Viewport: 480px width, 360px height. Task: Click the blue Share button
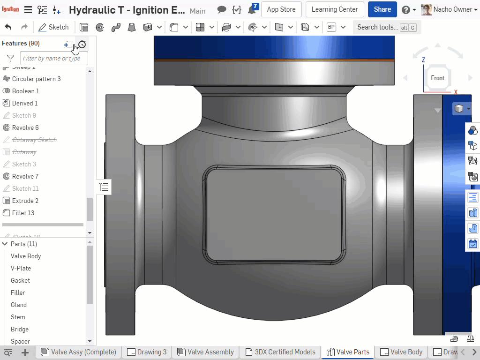tap(382, 9)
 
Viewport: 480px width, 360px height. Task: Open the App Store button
tap(281, 9)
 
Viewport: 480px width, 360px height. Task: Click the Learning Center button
tap(334, 9)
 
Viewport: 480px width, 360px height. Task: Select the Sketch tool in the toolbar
tap(53, 27)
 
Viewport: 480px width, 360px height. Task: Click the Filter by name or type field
tap(53, 59)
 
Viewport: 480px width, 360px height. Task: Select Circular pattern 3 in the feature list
tap(36, 79)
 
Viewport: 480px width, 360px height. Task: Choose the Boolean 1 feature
tap(25, 91)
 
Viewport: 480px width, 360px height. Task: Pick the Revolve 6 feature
tap(25, 127)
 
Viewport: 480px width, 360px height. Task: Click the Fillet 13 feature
tap(23, 213)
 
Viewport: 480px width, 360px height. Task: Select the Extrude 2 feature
tap(25, 201)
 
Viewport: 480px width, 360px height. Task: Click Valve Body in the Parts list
tap(26, 256)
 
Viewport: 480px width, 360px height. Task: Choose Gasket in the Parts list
tap(20, 280)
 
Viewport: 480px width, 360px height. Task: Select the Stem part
tap(18, 317)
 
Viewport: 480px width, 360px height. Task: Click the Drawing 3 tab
tap(147, 352)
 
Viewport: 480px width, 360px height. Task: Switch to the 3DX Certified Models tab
tap(280, 352)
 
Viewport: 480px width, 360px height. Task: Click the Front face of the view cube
tap(437, 78)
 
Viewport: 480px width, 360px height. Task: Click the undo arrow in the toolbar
tap(8, 27)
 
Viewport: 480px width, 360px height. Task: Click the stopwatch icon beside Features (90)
tap(82, 44)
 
